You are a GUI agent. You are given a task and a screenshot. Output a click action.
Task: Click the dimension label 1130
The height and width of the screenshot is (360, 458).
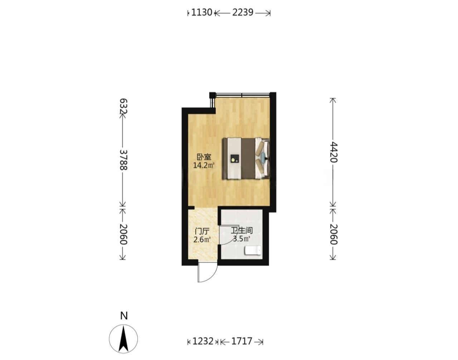pyautogui.click(x=201, y=13)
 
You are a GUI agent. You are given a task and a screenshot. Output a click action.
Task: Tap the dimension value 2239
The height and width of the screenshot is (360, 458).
pyautogui.click(x=243, y=13)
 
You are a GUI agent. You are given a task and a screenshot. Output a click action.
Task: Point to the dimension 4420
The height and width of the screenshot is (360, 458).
pyautogui.click(x=333, y=152)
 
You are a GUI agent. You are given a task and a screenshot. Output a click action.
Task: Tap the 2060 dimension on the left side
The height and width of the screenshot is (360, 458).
pyautogui.click(x=124, y=234)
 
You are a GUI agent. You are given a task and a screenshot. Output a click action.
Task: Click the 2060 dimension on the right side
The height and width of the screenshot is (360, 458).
pyautogui.click(x=333, y=234)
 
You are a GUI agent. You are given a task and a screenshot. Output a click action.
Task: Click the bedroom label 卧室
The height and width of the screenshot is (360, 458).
pyautogui.click(x=204, y=157)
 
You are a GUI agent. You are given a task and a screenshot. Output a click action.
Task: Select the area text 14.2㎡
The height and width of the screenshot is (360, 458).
pyautogui.click(x=204, y=165)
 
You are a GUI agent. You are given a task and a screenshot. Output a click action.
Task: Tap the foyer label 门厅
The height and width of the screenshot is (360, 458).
pyautogui.click(x=202, y=232)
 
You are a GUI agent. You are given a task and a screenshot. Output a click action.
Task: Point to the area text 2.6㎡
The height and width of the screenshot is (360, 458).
pyautogui.click(x=202, y=240)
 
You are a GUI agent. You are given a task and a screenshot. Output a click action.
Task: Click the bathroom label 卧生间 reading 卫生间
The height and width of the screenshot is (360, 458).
pyautogui.click(x=242, y=230)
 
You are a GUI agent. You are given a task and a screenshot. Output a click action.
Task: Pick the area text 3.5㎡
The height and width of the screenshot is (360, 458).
pyautogui.click(x=242, y=239)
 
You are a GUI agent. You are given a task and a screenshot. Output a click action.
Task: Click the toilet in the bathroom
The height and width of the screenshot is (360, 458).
pyautogui.click(x=253, y=250)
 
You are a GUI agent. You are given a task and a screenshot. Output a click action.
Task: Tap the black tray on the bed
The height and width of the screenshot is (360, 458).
pyautogui.click(x=234, y=159)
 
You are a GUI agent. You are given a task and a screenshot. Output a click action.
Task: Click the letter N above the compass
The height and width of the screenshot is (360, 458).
pyautogui.click(x=124, y=316)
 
